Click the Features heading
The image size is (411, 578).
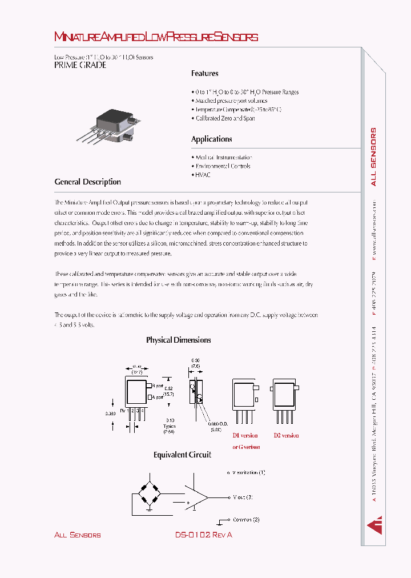(x=204, y=74)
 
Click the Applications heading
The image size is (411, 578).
(x=211, y=139)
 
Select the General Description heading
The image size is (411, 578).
(x=87, y=182)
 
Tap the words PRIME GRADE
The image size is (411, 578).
(x=80, y=65)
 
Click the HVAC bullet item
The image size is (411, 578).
(x=203, y=175)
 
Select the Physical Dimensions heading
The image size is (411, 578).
(x=178, y=340)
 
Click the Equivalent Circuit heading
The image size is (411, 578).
(x=182, y=455)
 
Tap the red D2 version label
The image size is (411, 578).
(x=286, y=435)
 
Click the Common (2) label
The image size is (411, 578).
(x=247, y=520)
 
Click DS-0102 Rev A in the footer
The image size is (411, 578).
(x=203, y=535)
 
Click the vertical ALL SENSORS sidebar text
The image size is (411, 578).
(x=373, y=158)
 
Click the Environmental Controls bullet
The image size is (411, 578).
(x=223, y=166)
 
